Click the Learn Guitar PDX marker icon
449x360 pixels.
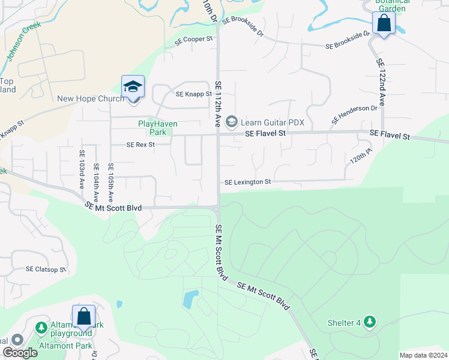pos(231,122)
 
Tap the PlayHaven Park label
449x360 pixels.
pos(152,127)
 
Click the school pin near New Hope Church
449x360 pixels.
pos(133,88)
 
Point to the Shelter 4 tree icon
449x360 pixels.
pos(370,323)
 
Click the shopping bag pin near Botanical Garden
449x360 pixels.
pos(384,24)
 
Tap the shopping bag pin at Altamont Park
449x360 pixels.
pos(83,317)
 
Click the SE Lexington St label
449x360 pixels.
pos(248,182)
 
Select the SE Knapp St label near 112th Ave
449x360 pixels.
pos(193,94)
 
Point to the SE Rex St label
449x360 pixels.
pos(140,145)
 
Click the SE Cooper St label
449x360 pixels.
pos(194,40)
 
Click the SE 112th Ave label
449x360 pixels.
pos(218,103)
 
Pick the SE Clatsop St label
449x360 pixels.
pos(46,270)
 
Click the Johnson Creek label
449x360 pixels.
pos(22,44)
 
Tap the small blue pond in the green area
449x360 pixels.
pos(190,299)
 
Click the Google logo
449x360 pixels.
pos(20,353)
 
